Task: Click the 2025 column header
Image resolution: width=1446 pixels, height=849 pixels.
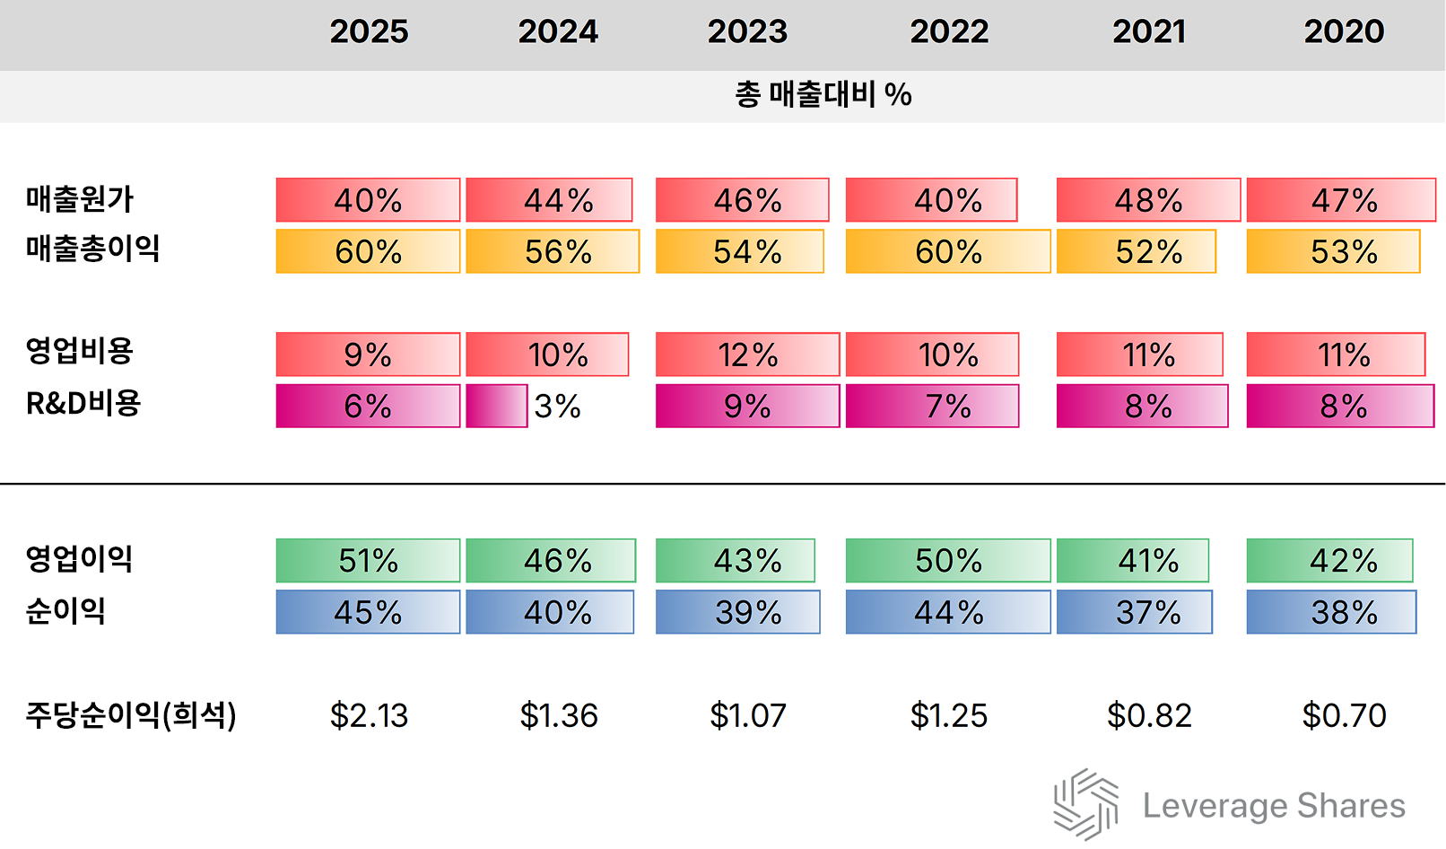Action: pyautogui.click(x=369, y=32)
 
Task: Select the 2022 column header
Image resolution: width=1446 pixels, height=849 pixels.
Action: pyautogui.click(x=949, y=32)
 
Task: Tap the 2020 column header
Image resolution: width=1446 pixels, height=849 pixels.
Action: pyautogui.click(x=1344, y=32)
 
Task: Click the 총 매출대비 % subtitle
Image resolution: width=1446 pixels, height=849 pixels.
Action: pyautogui.click(x=823, y=94)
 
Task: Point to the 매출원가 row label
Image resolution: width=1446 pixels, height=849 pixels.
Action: pyautogui.click(x=79, y=198)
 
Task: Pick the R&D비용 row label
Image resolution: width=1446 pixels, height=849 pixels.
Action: pyautogui.click(x=83, y=404)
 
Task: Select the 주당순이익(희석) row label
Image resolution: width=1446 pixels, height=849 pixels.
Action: pyautogui.click(x=131, y=715)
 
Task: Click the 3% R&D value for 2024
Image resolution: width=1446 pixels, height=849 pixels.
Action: pyautogui.click(x=557, y=407)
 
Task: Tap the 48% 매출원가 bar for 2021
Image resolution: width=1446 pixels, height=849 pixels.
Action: pyautogui.click(x=1148, y=200)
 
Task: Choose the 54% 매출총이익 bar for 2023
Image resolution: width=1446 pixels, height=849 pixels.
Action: pyautogui.click(x=740, y=251)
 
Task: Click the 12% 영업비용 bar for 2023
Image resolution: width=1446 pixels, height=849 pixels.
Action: pyautogui.click(x=747, y=354)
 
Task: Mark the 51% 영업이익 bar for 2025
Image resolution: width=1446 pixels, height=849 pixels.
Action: pyautogui.click(x=368, y=561)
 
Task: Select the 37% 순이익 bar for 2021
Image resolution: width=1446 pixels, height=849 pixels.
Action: pyautogui.click(x=1135, y=612)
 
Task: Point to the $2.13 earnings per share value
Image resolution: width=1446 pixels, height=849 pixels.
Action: pyautogui.click(x=369, y=715)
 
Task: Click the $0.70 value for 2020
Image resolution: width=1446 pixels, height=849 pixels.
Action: pyautogui.click(x=1344, y=715)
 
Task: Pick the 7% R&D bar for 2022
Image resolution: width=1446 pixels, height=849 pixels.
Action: pyautogui.click(x=932, y=407)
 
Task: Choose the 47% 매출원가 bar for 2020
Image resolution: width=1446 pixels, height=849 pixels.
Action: pyautogui.click(x=1341, y=200)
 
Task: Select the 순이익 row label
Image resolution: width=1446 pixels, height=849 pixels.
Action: pyautogui.click(x=65, y=611)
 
